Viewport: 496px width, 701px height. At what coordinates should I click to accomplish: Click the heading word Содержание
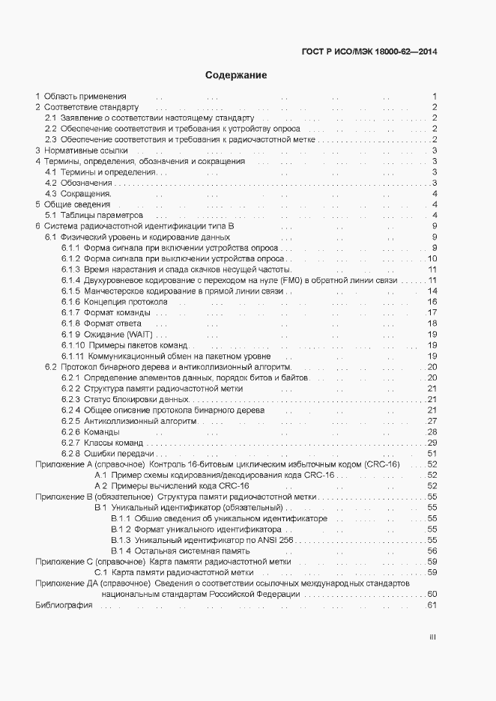tap(236, 76)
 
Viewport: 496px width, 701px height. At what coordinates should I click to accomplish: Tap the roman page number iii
tap(432, 637)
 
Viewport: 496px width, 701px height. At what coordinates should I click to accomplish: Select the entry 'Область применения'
tap(85, 97)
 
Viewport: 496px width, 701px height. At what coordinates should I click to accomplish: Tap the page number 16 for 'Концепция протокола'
tap(432, 302)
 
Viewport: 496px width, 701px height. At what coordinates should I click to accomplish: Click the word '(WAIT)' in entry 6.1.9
tap(142, 334)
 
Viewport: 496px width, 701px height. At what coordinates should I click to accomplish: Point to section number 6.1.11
tap(73, 356)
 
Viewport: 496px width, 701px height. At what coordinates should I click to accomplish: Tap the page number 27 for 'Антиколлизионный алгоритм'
tap(432, 421)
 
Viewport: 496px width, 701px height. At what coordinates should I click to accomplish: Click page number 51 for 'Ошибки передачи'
tap(432, 453)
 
